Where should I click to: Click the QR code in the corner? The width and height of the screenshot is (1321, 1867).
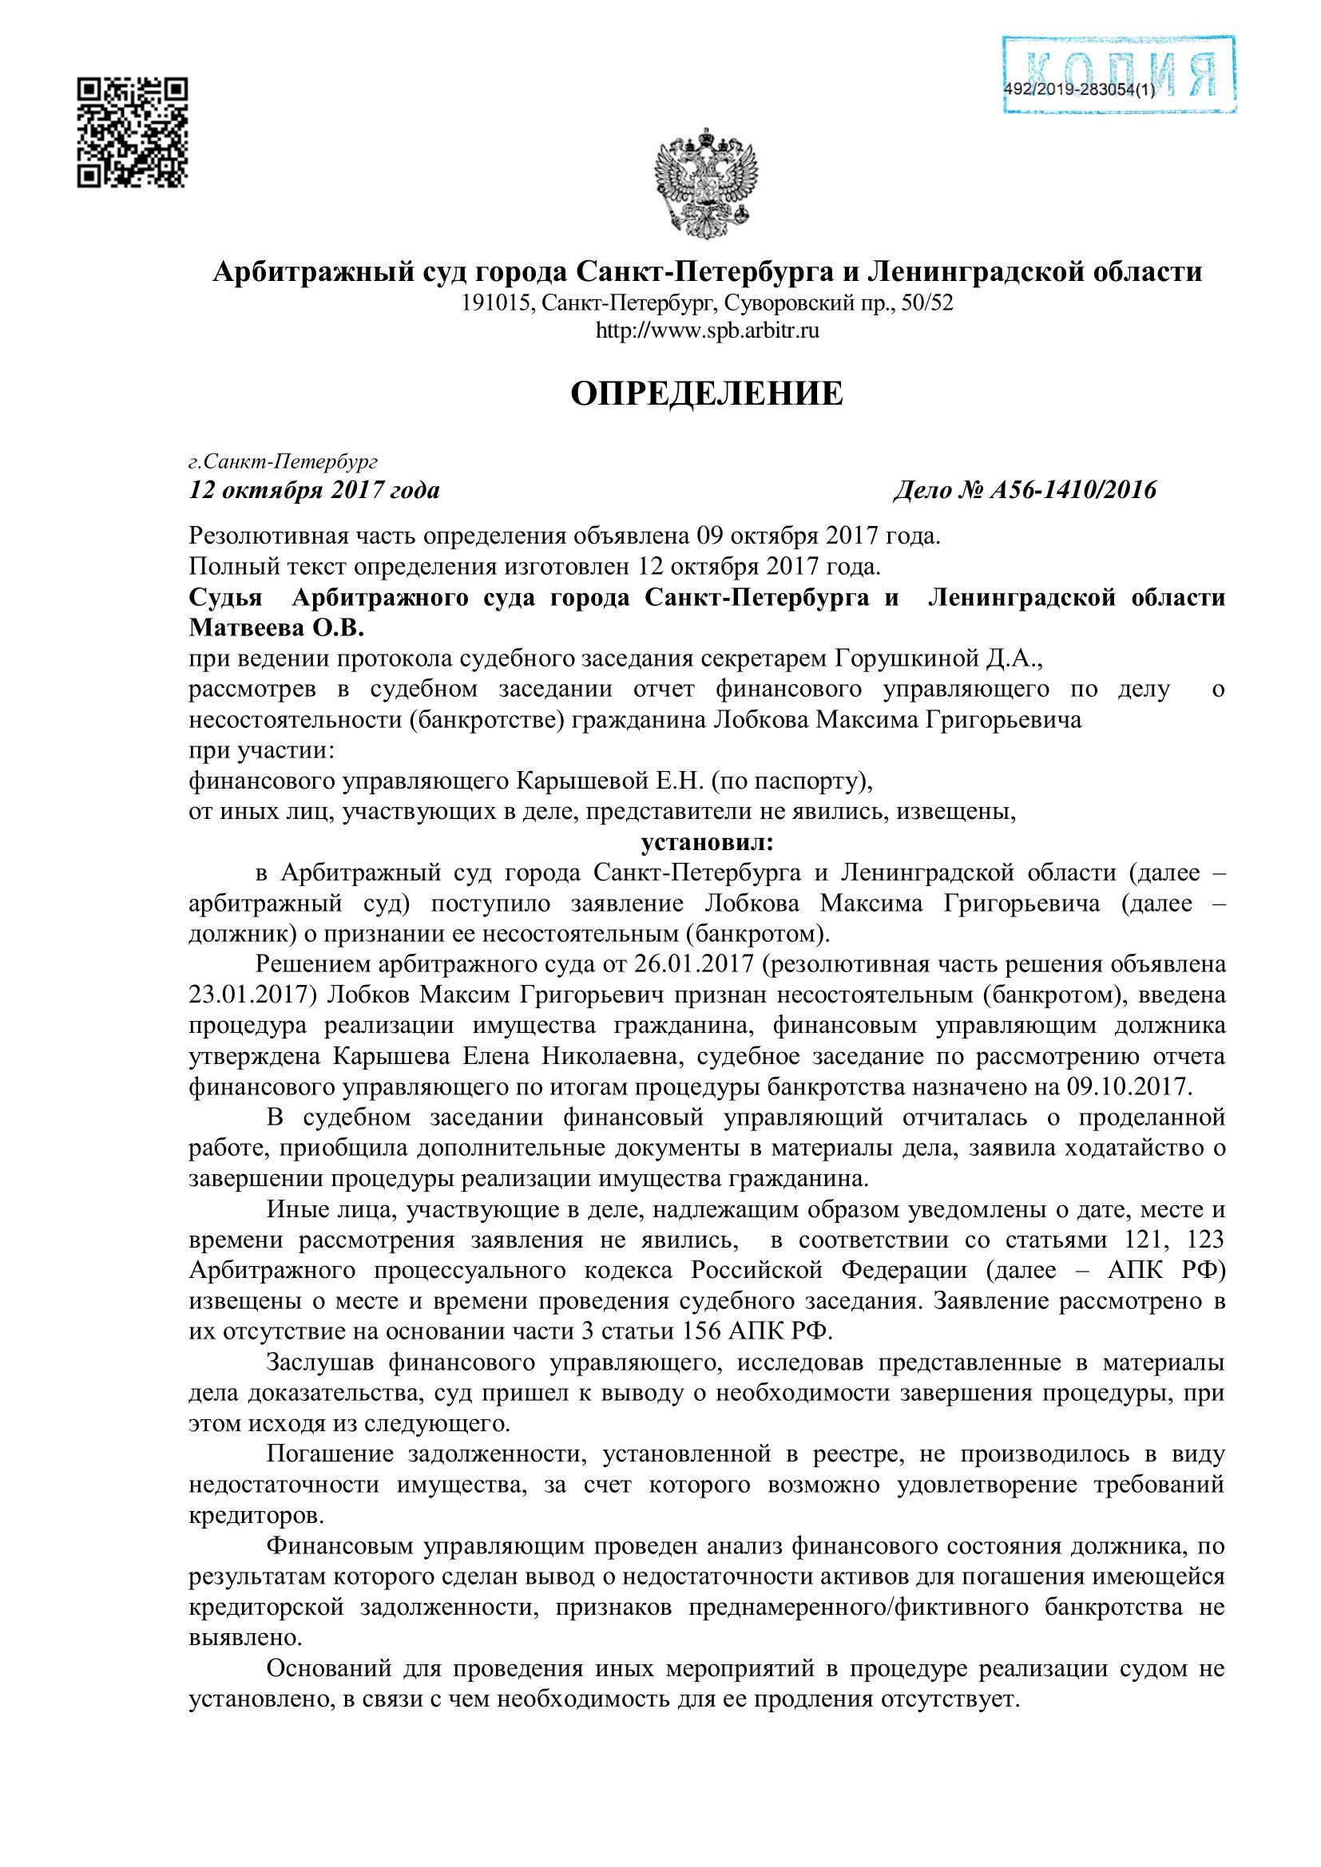[x=132, y=133]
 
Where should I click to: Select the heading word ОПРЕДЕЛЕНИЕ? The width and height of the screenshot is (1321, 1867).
[x=706, y=394]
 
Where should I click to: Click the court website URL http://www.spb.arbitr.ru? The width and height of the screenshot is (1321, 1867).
[x=706, y=331]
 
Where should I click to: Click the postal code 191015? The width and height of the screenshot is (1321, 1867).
[x=497, y=303]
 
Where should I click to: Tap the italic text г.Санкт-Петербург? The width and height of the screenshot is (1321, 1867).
[x=283, y=462]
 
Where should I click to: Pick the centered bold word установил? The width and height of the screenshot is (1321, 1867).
[x=707, y=841]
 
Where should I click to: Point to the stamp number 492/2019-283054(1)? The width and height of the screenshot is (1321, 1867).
[x=1078, y=90]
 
